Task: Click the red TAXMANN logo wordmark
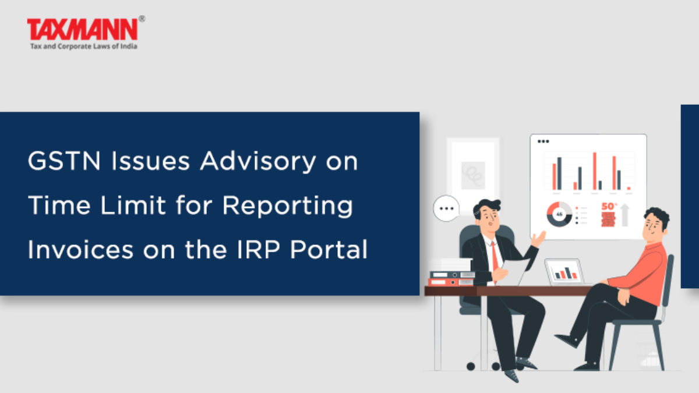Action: pyautogui.click(x=82, y=29)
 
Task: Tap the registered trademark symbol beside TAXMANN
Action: pyautogui.click(x=142, y=19)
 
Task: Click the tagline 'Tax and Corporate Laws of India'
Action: pyautogui.click(x=84, y=47)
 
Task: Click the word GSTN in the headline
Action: pyautogui.click(x=64, y=161)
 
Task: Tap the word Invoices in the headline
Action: pyautogui.click(x=80, y=250)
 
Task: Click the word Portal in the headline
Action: pyautogui.click(x=329, y=250)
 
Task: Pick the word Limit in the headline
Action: pyautogui.click(x=133, y=205)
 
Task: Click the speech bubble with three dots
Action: pyautogui.click(x=447, y=208)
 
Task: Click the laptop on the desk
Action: pyautogui.click(x=564, y=271)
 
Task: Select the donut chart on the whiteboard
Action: pyautogui.click(x=559, y=214)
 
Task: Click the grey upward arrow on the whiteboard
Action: pyautogui.click(x=624, y=215)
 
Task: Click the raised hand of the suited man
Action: pyautogui.click(x=538, y=239)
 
